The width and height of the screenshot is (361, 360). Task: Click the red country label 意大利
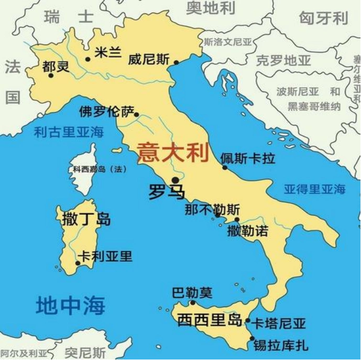pyautogui.click(x=173, y=152)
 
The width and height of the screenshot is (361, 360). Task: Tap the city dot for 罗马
pyautogui.click(x=175, y=180)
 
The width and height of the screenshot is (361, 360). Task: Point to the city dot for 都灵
pyautogui.click(x=51, y=75)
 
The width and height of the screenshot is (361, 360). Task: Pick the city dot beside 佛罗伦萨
pyautogui.click(x=137, y=114)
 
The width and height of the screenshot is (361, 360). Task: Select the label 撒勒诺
pyautogui.click(x=247, y=230)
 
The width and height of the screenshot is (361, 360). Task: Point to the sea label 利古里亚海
pyautogui.click(x=68, y=132)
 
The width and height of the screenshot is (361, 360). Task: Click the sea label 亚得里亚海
pyautogui.click(x=314, y=189)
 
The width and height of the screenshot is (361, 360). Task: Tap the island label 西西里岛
pyautogui.click(x=209, y=319)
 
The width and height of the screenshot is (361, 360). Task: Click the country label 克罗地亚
pyautogui.click(x=283, y=61)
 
